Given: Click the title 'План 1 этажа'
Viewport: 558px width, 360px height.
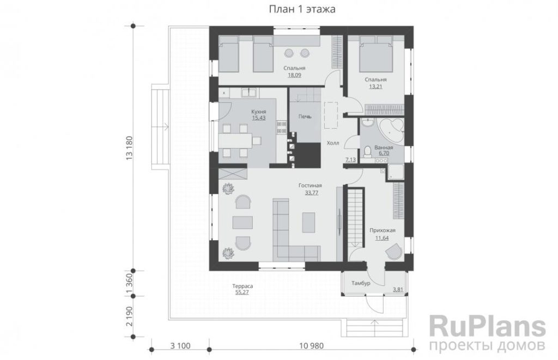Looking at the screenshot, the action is pyautogui.click(x=302, y=9).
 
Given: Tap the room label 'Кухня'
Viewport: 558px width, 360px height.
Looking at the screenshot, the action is pyautogui.click(x=259, y=111).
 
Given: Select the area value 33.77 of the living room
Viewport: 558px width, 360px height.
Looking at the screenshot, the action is pyautogui.click(x=311, y=193).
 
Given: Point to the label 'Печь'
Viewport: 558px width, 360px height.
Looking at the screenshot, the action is pyautogui.click(x=305, y=117).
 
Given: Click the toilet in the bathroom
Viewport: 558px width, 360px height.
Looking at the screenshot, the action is pyautogui.click(x=368, y=152).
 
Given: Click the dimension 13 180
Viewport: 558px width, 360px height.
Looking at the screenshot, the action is pyautogui.click(x=129, y=148).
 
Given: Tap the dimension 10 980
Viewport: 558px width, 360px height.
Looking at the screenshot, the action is pyautogui.click(x=311, y=346).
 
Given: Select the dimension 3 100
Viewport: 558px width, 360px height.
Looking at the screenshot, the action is pyautogui.click(x=180, y=346).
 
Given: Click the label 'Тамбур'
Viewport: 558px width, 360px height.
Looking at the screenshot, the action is pyautogui.click(x=361, y=283).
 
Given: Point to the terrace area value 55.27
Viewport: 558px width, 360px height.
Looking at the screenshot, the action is pyautogui.click(x=242, y=292).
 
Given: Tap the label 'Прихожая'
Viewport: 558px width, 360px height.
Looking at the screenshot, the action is pyautogui.click(x=382, y=230).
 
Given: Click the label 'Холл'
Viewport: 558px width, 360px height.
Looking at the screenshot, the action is pyautogui.click(x=333, y=143).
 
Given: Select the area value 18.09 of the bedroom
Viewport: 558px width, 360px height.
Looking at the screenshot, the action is pyautogui.click(x=294, y=75).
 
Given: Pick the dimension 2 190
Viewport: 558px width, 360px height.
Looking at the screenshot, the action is pyautogui.click(x=129, y=316).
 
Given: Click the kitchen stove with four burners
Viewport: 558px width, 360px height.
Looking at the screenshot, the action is pyautogui.click(x=282, y=128).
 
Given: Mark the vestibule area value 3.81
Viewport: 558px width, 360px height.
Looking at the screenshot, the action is pyautogui.click(x=398, y=290).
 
